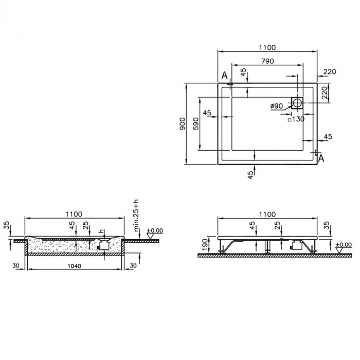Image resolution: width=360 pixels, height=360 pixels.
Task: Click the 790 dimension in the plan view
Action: pyautogui.click(x=266, y=61)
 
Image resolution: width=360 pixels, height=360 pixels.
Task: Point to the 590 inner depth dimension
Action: pyautogui.click(x=195, y=124)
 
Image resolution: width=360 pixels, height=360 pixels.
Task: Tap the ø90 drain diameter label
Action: pyautogui.click(x=277, y=106)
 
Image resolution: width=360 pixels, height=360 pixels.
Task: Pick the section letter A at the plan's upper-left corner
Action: pyautogui.click(x=224, y=76)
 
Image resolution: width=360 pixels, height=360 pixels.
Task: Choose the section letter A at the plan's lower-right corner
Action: pyautogui.click(x=321, y=158)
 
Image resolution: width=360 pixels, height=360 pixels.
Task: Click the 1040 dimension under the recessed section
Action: pyautogui.click(x=75, y=266)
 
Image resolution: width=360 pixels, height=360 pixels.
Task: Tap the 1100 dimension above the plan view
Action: pyautogui.click(x=267, y=47)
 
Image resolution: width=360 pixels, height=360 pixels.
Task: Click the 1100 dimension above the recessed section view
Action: pyautogui.click(x=75, y=214)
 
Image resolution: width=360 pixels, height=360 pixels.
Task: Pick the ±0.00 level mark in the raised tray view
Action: pyautogui.click(x=343, y=245)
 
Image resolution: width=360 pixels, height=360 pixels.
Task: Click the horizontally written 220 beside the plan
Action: pyautogui.click(x=330, y=71)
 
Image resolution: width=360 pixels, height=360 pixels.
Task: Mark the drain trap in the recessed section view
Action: pyautogui.click(x=103, y=246)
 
